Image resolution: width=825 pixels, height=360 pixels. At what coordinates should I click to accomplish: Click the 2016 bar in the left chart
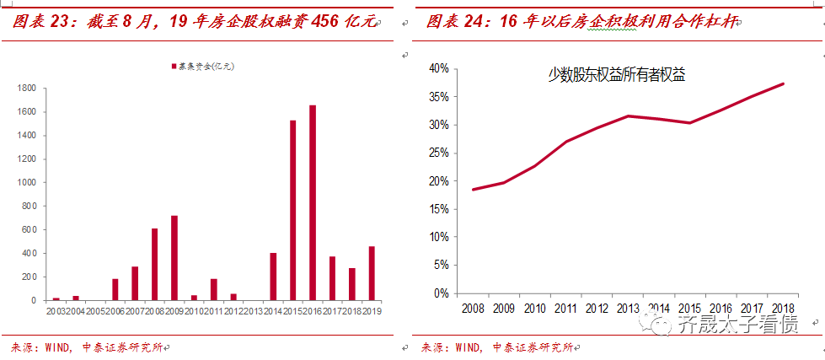(x=313, y=202)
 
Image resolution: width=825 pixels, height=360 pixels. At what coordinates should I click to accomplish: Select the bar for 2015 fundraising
(x=293, y=210)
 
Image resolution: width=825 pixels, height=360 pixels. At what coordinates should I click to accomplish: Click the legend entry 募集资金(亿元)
(x=202, y=66)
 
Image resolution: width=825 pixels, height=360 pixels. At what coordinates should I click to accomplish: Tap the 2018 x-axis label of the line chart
(x=783, y=308)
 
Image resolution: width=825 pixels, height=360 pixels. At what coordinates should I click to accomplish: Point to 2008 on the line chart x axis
(x=472, y=308)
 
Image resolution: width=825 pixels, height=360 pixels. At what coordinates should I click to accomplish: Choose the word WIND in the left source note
(x=58, y=347)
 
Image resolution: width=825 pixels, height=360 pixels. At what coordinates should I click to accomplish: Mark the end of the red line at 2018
(x=784, y=83)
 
